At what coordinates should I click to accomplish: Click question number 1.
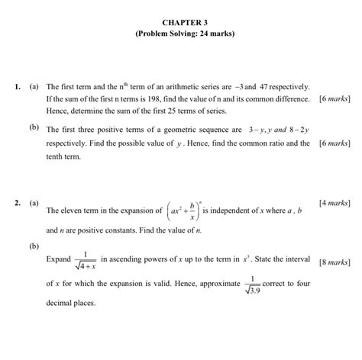(17, 88)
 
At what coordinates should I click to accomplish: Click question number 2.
(17, 204)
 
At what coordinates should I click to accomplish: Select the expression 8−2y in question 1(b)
(297, 130)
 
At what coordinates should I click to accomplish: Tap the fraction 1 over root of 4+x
(85, 261)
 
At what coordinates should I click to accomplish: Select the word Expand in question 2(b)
(59, 260)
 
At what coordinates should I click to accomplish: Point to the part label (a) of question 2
(35, 204)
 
